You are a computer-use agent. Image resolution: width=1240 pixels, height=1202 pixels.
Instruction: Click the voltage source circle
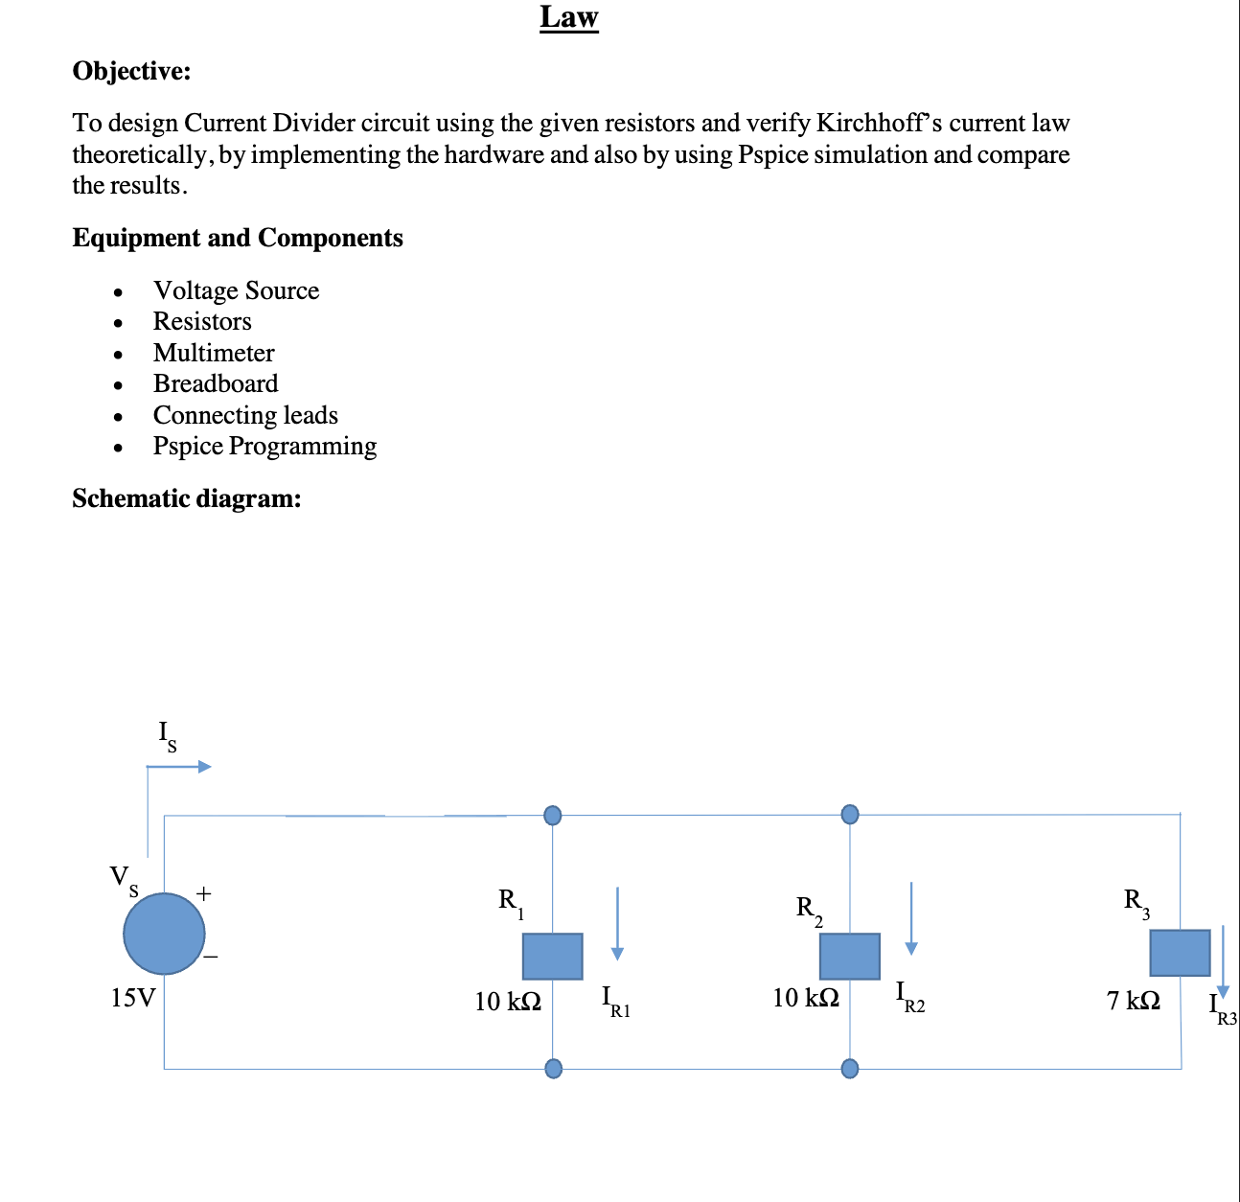click(164, 933)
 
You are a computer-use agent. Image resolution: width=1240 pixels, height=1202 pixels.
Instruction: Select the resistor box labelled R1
click(552, 956)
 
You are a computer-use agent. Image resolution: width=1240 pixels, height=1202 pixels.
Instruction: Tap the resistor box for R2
click(849, 956)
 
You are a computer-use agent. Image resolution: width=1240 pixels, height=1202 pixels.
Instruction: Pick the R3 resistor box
click(1180, 952)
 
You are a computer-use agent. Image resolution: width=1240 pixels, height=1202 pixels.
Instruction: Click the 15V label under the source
click(132, 998)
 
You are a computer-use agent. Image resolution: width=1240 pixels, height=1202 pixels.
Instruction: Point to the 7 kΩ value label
click(1133, 1000)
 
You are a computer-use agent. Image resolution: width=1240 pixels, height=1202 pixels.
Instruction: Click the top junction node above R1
click(553, 815)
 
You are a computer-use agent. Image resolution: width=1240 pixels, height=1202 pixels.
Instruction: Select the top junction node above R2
click(849, 814)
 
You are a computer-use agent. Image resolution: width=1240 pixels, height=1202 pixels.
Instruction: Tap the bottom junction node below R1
click(553, 1068)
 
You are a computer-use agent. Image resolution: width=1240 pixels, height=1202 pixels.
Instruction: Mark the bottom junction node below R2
click(849, 1068)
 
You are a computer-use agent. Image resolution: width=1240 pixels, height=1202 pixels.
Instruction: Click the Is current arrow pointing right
click(178, 766)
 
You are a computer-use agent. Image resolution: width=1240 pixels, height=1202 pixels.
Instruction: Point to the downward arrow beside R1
click(617, 923)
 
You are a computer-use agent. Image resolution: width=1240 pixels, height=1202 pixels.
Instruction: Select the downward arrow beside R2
click(911, 917)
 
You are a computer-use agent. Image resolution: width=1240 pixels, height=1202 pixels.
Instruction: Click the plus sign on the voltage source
click(203, 893)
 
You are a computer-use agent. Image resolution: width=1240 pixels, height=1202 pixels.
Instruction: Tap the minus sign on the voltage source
click(210, 956)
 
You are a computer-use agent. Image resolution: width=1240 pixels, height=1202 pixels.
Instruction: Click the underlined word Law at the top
click(568, 17)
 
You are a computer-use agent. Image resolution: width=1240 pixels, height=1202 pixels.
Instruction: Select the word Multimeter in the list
click(214, 353)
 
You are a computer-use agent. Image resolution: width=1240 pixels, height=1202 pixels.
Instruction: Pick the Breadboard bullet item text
click(216, 383)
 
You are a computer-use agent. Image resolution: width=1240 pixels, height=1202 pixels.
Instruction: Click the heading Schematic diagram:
click(186, 497)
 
